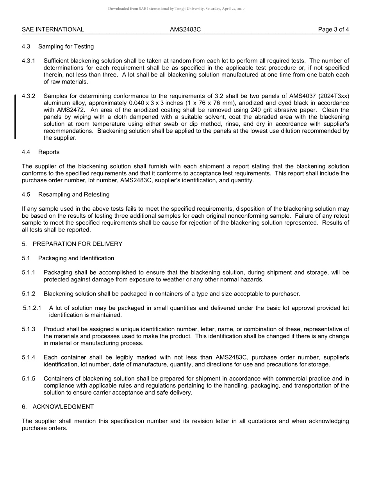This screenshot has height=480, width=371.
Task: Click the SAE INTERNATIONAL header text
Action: click(53, 29)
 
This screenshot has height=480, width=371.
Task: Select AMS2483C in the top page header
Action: click(185, 29)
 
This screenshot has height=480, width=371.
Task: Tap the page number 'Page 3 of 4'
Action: click(334, 29)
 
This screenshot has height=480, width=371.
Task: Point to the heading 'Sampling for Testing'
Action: click(66, 46)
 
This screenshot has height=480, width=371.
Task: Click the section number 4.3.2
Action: click(29, 96)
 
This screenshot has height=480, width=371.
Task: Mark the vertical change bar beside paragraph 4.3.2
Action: click(15, 117)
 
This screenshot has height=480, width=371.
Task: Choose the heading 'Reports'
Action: click(49, 152)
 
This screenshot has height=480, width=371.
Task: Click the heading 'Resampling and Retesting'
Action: click(74, 194)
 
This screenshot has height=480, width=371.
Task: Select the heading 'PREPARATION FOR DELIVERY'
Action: click(77, 244)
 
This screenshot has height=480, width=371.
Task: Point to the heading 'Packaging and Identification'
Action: click(76, 258)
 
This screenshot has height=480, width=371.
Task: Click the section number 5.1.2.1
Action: click(32, 308)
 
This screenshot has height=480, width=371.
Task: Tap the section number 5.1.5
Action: click(29, 379)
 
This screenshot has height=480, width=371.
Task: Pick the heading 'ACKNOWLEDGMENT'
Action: click(63, 407)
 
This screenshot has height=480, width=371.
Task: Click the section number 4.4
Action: click(26, 152)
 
